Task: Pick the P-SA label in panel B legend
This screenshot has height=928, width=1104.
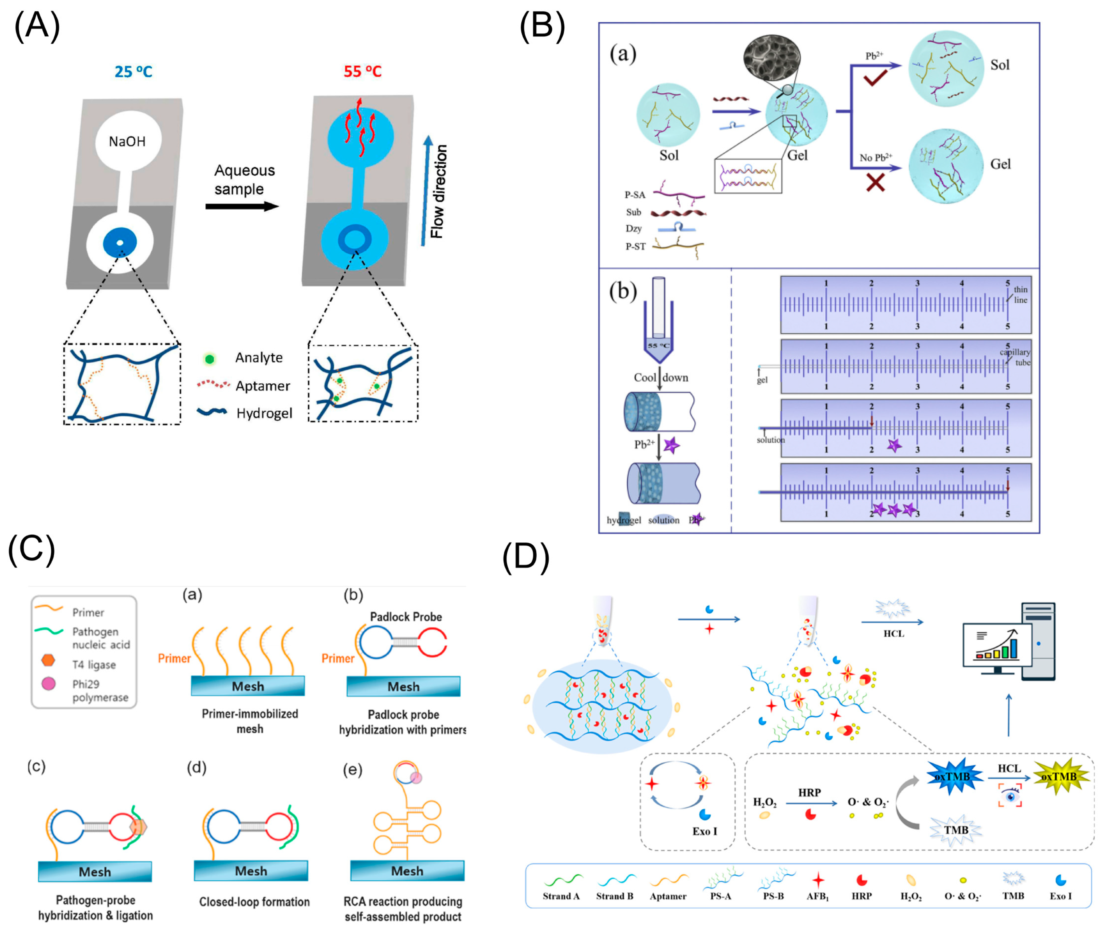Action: tap(635, 195)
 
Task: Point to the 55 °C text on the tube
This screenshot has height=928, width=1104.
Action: tap(658, 346)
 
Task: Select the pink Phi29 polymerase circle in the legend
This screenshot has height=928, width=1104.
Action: tap(48, 684)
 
